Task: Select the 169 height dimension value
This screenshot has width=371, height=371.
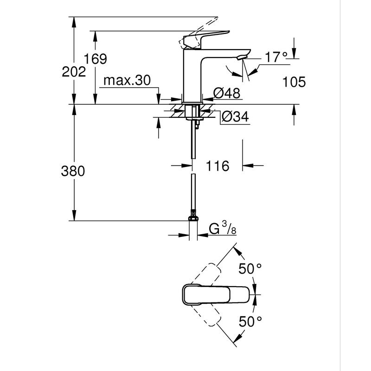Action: [x=96, y=59]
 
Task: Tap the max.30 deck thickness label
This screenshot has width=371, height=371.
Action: [x=127, y=81]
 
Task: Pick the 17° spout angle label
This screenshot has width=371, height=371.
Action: [x=276, y=58]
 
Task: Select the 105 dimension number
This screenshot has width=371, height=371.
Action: [x=294, y=82]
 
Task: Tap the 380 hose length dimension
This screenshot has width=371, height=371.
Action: [x=73, y=171]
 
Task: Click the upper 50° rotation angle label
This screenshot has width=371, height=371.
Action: [x=250, y=268]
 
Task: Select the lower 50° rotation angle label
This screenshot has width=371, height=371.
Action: [x=250, y=321]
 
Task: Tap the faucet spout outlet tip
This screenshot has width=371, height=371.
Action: [x=241, y=58]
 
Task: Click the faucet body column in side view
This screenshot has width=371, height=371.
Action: [x=192, y=77]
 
